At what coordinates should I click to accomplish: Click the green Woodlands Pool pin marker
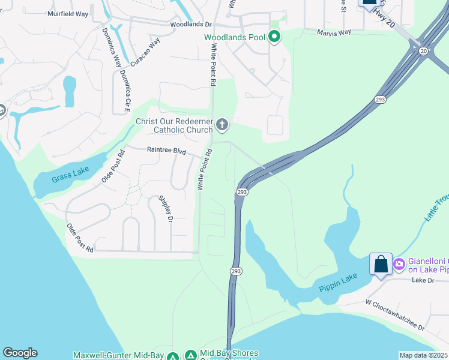(x=275, y=37)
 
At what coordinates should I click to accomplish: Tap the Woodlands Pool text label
(x=234, y=37)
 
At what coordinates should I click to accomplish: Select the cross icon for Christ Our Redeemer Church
(x=222, y=125)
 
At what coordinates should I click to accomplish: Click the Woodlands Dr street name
(x=191, y=25)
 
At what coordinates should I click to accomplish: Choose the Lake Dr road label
(x=423, y=280)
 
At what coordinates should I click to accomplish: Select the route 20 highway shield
(x=423, y=50)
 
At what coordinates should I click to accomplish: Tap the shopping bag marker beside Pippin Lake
(x=381, y=264)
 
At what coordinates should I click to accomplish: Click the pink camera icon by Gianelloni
(x=399, y=263)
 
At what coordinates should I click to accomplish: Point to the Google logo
(x=20, y=353)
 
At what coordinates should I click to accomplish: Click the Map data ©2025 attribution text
(x=423, y=355)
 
